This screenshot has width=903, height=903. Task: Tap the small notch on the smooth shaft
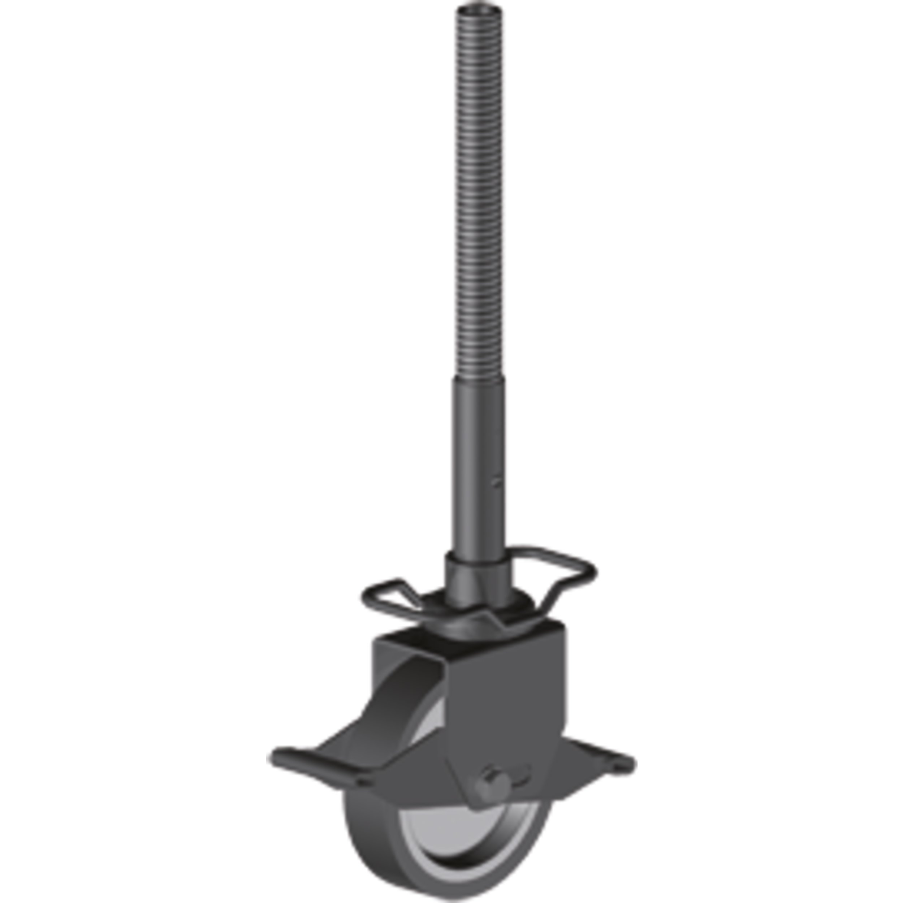tap(498, 481)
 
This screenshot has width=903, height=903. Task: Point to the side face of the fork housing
tap(505, 701)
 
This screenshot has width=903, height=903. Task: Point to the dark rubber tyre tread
tap(364, 841)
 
